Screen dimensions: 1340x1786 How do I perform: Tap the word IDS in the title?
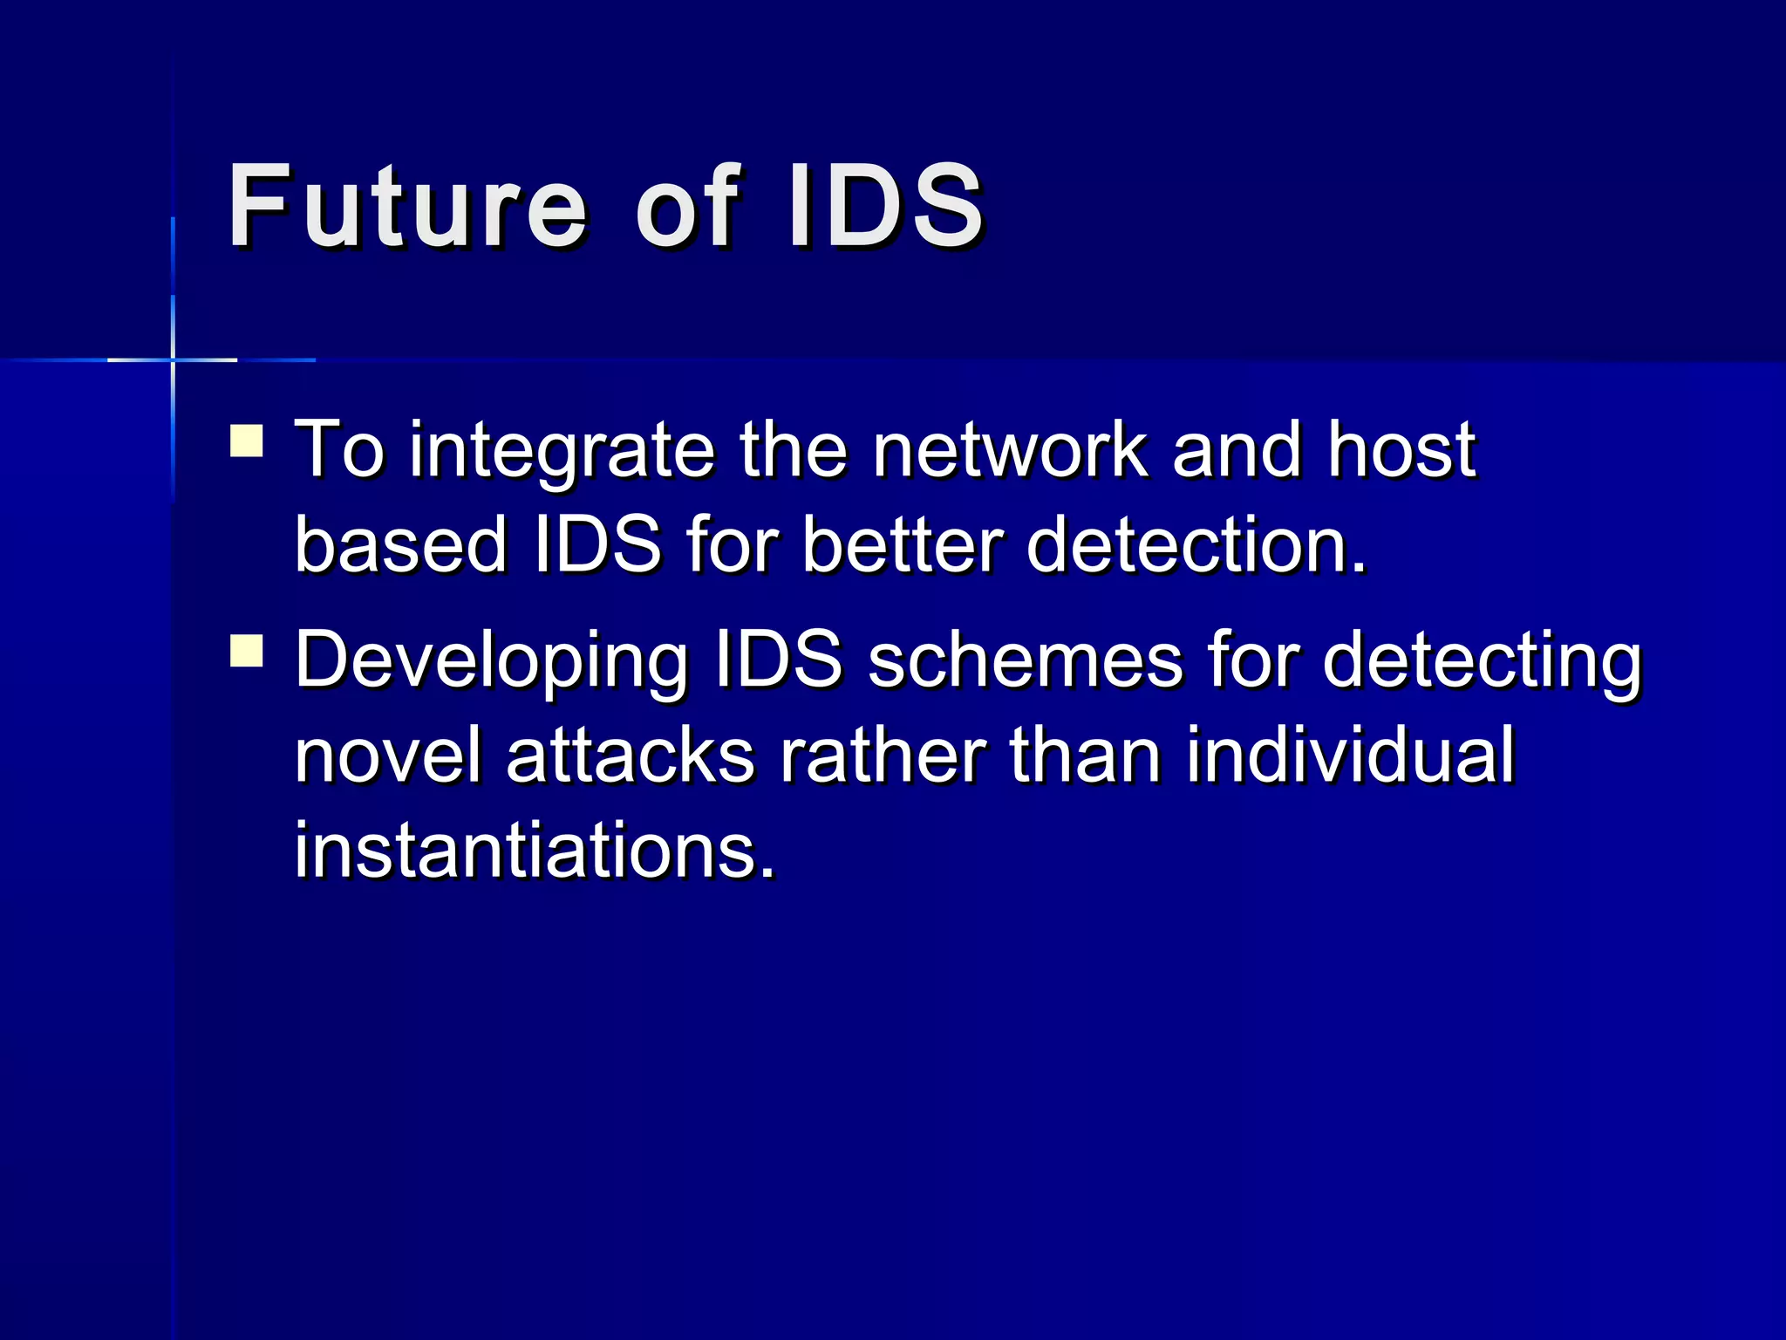[x=884, y=207]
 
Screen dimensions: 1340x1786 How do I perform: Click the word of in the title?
[x=687, y=207]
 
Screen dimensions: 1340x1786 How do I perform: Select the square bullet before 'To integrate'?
[x=247, y=441]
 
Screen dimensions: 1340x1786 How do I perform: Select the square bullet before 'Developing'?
[x=247, y=651]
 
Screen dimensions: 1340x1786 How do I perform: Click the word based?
[x=401, y=545]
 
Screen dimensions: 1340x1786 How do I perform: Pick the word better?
[x=903, y=545]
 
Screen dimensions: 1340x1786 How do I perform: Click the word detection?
[x=1195, y=545]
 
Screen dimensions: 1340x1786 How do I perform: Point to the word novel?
[x=388, y=755]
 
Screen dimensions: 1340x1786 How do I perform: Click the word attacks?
[x=630, y=755]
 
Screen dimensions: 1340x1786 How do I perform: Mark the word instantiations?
[x=534, y=850]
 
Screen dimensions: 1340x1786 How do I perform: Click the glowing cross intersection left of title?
[x=173, y=359]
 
